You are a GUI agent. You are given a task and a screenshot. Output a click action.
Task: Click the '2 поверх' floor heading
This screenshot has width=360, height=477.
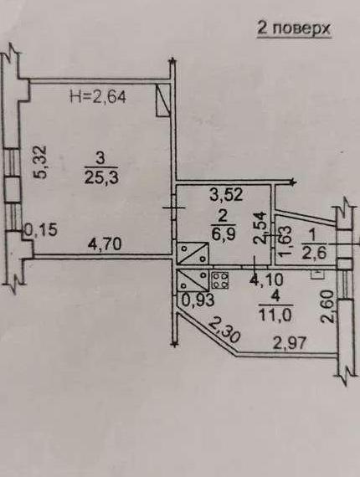click(x=294, y=28)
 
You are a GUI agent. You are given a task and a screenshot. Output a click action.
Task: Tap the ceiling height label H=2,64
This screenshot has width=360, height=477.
click(x=98, y=97)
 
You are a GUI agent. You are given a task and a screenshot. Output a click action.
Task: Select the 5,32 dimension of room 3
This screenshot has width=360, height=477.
click(x=40, y=162)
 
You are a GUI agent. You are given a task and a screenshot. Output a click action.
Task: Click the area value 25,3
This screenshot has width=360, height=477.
click(x=101, y=177)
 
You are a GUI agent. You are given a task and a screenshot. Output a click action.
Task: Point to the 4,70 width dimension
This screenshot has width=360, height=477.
click(x=105, y=244)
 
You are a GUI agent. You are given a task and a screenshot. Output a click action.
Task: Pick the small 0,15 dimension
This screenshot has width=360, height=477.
click(x=41, y=230)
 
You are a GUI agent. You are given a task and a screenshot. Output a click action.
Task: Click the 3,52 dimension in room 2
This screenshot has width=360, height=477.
click(x=226, y=194)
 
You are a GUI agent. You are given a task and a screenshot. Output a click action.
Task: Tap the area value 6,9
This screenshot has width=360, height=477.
click(x=223, y=234)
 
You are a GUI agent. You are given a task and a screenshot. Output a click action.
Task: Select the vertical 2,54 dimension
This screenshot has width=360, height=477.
click(x=260, y=228)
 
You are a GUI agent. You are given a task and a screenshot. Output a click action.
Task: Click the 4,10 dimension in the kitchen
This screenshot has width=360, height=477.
click(x=266, y=280)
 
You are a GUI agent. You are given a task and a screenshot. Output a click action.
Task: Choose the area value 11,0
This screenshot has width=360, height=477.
click(x=275, y=315)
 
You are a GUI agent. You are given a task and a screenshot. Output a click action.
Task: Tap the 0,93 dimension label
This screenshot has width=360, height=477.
click(x=198, y=300)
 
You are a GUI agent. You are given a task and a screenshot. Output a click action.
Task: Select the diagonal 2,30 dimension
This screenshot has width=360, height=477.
click(x=224, y=330)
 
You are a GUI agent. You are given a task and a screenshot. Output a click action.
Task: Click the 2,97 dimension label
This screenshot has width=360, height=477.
click(x=290, y=344)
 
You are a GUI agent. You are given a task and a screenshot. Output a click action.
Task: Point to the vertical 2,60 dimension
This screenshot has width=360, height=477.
click(x=329, y=306)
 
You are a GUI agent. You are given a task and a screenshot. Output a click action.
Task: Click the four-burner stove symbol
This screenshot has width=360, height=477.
click(x=219, y=280)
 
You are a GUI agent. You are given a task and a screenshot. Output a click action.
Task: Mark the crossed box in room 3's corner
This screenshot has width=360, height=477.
click(x=162, y=100)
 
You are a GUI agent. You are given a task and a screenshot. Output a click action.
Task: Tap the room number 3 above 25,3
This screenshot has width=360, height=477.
click(x=100, y=159)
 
